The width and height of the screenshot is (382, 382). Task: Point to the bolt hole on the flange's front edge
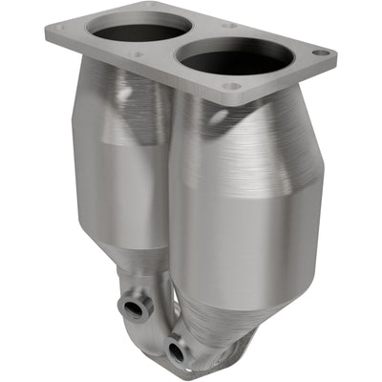click(229, 86)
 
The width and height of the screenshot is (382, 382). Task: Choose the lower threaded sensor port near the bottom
click(175, 352)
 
